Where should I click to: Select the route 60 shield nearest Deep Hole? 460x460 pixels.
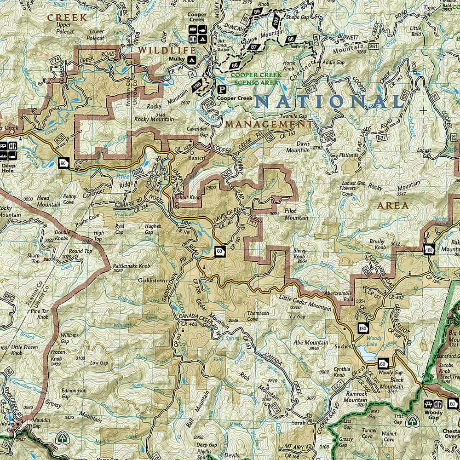click(x=63, y=162)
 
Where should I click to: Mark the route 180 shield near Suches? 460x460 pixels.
click(x=363, y=328)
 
